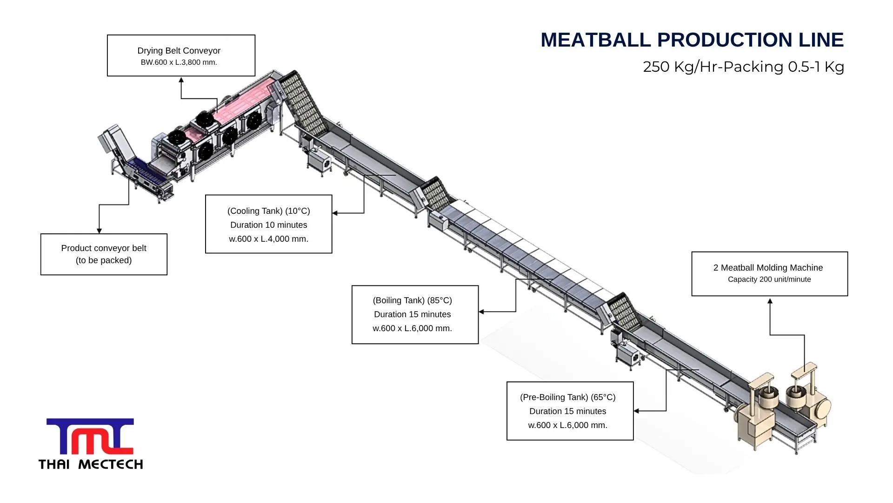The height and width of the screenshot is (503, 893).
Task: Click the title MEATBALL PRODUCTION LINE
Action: point(692,40)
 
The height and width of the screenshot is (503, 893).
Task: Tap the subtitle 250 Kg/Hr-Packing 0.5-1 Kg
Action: point(743,67)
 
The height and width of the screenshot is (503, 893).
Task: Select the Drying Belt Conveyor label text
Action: point(179,50)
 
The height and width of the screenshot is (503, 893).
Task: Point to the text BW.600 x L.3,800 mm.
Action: point(179,62)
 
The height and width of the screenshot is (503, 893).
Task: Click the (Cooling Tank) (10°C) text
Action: point(268,211)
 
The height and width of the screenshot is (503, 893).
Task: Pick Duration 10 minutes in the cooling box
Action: point(268,225)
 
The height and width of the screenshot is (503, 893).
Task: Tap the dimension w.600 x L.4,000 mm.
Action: point(268,239)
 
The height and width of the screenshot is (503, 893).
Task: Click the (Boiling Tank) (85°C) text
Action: point(412,300)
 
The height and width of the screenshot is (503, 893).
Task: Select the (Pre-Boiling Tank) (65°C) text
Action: point(567,397)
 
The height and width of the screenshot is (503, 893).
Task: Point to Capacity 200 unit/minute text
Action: point(769,279)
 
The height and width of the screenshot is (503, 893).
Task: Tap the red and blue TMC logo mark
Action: point(90,436)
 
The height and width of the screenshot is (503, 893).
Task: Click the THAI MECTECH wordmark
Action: point(91,464)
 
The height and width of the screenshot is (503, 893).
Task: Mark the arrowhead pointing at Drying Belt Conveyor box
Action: point(181,80)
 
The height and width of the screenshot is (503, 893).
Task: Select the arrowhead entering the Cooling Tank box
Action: point(335,213)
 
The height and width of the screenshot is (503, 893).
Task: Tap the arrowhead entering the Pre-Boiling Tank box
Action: point(637,411)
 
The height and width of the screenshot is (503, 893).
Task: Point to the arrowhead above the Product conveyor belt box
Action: point(99,231)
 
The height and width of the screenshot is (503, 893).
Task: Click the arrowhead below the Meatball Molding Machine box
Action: point(770,301)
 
